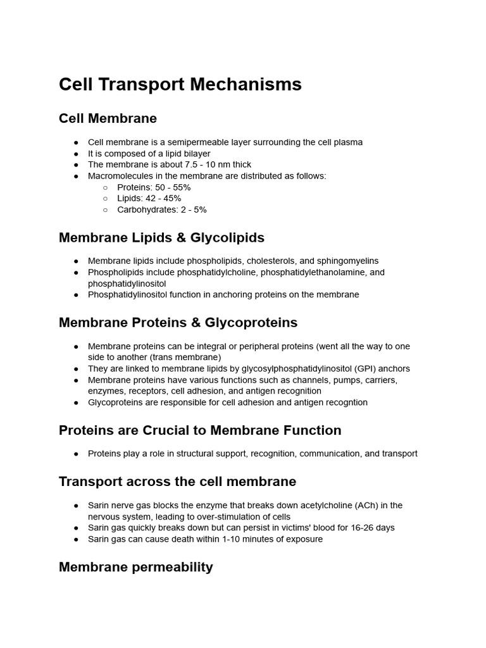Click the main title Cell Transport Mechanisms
[180, 84]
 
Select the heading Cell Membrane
[108, 118]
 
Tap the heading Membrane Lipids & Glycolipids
[161, 237]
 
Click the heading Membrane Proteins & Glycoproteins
[178, 322]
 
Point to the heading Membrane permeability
[135, 566]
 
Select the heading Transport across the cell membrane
[177, 481]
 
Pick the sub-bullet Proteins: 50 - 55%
[154, 187]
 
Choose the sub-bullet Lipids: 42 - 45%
[149, 198]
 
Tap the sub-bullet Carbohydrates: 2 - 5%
[161, 209]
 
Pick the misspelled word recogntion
[345, 402]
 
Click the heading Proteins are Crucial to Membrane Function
[200, 430]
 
